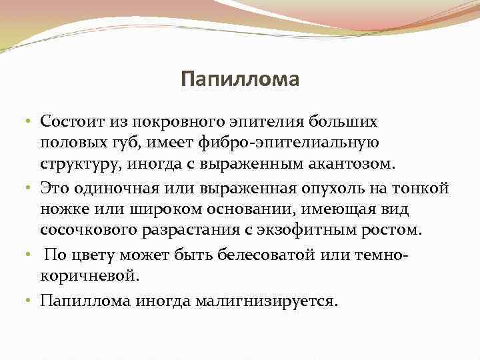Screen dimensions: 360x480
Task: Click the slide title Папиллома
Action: point(240,81)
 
